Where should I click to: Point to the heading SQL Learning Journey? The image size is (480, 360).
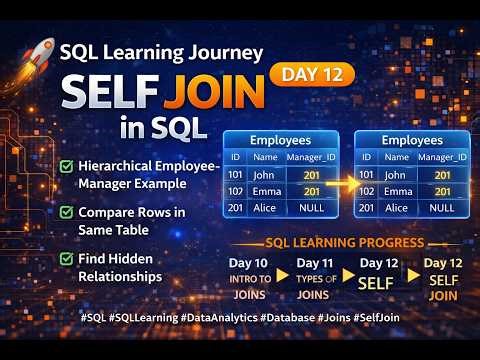[x=161, y=52]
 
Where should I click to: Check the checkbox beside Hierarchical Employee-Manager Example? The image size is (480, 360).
[x=66, y=165]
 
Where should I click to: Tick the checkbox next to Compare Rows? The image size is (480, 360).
[x=66, y=212]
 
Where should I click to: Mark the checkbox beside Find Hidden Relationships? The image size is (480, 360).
[x=66, y=258]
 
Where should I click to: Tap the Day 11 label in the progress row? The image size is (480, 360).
[x=314, y=263]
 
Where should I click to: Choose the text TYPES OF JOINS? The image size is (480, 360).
[x=314, y=285]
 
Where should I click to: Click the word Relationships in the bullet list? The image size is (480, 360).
[x=122, y=276]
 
